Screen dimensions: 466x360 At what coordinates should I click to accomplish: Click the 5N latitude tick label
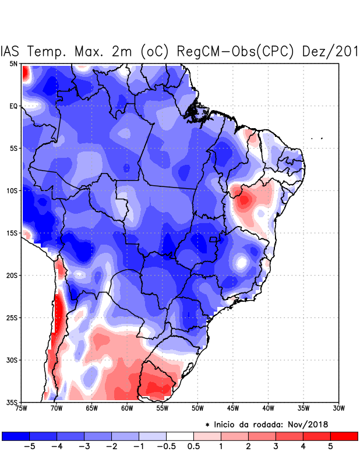point(13,63)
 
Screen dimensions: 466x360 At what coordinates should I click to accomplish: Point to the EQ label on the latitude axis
point(13,106)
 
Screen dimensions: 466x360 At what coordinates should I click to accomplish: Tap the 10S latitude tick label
point(12,190)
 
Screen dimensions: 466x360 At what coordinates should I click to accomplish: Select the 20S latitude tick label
point(12,275)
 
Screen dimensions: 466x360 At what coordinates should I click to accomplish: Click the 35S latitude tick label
point(12,402)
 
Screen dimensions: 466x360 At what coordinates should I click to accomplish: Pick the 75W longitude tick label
point(22,408)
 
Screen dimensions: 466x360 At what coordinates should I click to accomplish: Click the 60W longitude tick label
point(126,408)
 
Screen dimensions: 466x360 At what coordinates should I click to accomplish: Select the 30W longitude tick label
point(338,408)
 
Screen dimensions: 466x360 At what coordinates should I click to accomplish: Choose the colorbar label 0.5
point(194,447)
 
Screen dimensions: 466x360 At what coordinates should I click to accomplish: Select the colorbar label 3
point(276,447)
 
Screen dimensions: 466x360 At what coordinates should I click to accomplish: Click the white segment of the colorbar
point(180,436)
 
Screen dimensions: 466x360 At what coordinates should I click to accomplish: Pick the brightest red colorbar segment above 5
point(344,436)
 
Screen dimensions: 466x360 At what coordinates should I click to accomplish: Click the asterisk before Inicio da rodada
point(207,425)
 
